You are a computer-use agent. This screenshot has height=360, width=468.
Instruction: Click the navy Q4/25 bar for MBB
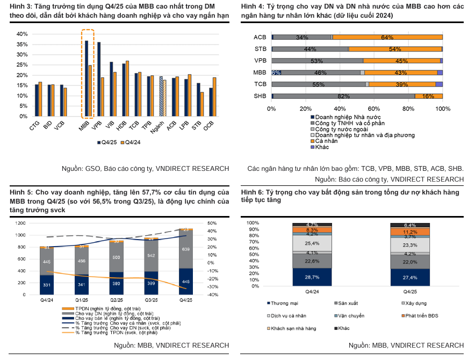[87, 78]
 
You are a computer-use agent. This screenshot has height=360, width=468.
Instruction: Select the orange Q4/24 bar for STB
[203, 104]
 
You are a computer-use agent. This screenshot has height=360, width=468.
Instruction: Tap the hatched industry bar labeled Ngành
[161, 97]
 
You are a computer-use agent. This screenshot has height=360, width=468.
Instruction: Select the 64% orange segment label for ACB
[387, 38]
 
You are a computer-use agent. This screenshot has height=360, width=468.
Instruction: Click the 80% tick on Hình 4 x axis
[408, 109]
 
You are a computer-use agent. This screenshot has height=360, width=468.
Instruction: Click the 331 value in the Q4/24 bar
[47, 285]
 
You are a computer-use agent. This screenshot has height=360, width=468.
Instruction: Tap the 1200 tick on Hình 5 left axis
[19, 223]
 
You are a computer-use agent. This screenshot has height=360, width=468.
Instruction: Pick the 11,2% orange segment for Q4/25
[410, 232]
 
